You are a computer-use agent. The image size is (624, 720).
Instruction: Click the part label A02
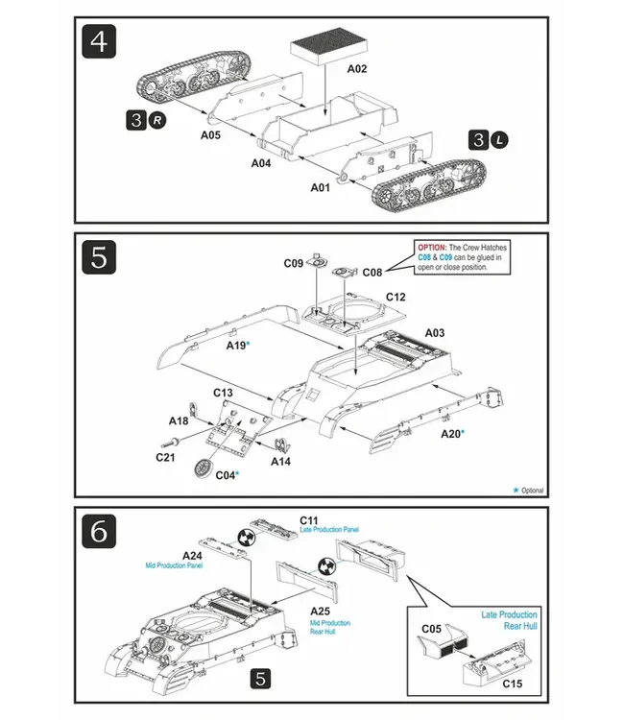click(x=357, y=69)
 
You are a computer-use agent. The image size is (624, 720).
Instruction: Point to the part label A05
click(x=211, y=135)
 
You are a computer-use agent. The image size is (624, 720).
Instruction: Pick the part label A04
click(x=261, y=163)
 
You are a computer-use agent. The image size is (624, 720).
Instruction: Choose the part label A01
click(x=321, y=187)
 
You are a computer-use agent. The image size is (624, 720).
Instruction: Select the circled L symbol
click(x=500, y=140)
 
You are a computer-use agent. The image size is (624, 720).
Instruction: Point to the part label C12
click(x=396, y=297)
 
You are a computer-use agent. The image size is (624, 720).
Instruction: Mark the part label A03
click(x=434, y=332)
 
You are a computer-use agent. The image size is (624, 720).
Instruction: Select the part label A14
click(x=280, y=462)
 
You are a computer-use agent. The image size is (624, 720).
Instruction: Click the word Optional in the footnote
click(x=533, y=491)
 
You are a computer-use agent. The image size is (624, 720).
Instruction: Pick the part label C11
click(x=309, y=519)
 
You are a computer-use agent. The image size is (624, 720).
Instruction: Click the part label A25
click(x=321, y=611)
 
